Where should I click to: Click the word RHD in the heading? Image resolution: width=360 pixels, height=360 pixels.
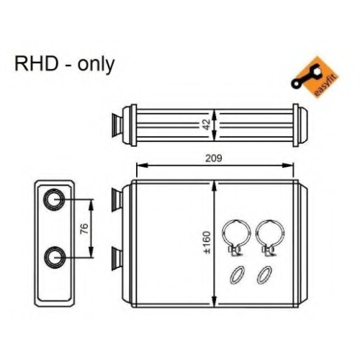pos(37,64)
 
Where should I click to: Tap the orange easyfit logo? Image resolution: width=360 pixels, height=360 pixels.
pos(315,77)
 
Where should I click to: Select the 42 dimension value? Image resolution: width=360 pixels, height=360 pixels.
pos(207,125)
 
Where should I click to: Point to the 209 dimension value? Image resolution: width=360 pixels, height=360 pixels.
pos(214,158)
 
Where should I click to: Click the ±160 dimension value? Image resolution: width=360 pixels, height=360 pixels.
pos(207,243)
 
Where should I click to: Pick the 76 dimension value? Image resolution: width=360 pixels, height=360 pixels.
pos(85,228)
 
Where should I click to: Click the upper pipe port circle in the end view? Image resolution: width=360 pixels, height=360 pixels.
pos(54,199)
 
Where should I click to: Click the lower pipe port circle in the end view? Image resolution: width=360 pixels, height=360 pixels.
pos(54,257)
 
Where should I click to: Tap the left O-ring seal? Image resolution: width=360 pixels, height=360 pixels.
pos(238,275)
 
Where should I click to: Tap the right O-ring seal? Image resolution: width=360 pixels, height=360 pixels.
pos(264,275)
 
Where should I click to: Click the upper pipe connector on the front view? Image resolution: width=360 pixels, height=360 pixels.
pos(117,199)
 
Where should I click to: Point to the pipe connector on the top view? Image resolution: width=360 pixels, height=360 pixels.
pos(117,125)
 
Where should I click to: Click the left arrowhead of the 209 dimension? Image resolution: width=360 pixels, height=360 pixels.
pos(141,166)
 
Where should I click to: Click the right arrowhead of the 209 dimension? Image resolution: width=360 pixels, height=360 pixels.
pos(289,166)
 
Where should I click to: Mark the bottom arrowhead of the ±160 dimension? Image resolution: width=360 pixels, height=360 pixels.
pos(215,302)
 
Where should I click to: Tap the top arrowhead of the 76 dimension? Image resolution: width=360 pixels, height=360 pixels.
pos(91,205)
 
